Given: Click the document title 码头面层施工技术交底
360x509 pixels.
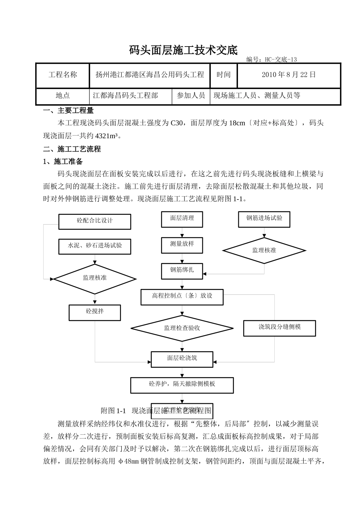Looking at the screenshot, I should click(183, 50).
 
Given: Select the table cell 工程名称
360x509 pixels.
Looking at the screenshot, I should click(63, 75).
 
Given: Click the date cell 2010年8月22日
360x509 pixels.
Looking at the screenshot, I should click(289, 75).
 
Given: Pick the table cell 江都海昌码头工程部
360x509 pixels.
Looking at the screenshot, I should click(125, 96).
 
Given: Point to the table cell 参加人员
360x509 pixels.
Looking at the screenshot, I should click(191, 96).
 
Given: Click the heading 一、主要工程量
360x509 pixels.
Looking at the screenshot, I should click(69, 111).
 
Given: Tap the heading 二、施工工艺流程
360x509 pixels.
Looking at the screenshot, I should click(72, 149).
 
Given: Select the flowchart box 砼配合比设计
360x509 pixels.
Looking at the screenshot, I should click(95, 221).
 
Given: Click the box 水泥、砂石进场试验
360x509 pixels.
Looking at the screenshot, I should click(95, 246).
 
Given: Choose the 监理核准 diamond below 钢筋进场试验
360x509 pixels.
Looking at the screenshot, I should click(264, 250).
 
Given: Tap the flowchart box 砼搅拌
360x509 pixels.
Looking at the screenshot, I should click(95, 312).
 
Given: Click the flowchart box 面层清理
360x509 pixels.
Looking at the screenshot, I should click(182, 219).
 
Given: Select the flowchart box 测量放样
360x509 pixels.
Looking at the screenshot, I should click(182, 245).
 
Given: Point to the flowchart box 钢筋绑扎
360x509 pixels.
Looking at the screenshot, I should click(182, 270).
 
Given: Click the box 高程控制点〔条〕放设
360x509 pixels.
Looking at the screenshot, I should click(182, 297).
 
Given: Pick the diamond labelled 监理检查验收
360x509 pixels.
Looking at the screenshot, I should click(182, 328).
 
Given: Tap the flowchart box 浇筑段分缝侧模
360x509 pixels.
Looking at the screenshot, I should click(280, 328).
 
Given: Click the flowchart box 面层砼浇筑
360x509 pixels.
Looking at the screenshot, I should click(182, 359).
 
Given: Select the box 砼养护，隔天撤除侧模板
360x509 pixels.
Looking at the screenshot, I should click(182, 385).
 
